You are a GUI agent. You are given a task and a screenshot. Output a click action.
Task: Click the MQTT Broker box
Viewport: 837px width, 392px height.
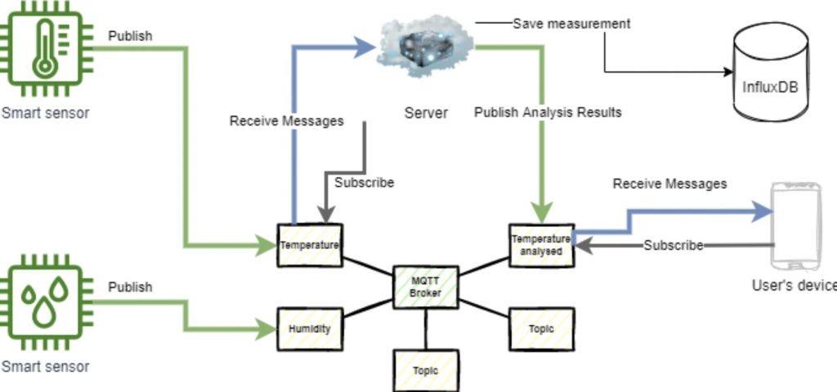tap(425, 287)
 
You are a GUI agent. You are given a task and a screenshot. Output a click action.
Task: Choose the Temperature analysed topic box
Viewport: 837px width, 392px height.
tap(540, 244)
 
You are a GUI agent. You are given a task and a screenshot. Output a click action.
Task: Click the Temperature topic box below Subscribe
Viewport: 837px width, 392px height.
tap(308, 244)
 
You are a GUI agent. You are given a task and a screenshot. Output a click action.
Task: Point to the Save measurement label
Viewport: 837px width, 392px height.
tap(571, 24)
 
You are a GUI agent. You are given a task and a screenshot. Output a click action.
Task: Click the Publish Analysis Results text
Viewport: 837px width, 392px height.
tap(548, 112)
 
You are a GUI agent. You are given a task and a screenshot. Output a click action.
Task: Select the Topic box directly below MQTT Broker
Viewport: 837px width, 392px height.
tap(425, 370)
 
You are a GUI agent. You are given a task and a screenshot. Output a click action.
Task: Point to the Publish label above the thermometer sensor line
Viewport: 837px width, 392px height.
tap(130, 36)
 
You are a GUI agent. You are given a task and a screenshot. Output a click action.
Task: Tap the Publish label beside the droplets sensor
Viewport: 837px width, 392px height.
tap(130, 287)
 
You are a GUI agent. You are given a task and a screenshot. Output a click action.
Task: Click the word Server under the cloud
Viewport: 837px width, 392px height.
tap(426, 113)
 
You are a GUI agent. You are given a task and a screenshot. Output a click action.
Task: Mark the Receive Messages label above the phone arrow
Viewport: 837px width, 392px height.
tap(669, 184)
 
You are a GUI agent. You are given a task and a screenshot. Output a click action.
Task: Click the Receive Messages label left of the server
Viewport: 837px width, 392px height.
tap(286, 121)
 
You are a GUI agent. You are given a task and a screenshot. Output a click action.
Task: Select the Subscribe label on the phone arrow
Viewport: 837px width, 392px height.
tap(673, 245)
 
